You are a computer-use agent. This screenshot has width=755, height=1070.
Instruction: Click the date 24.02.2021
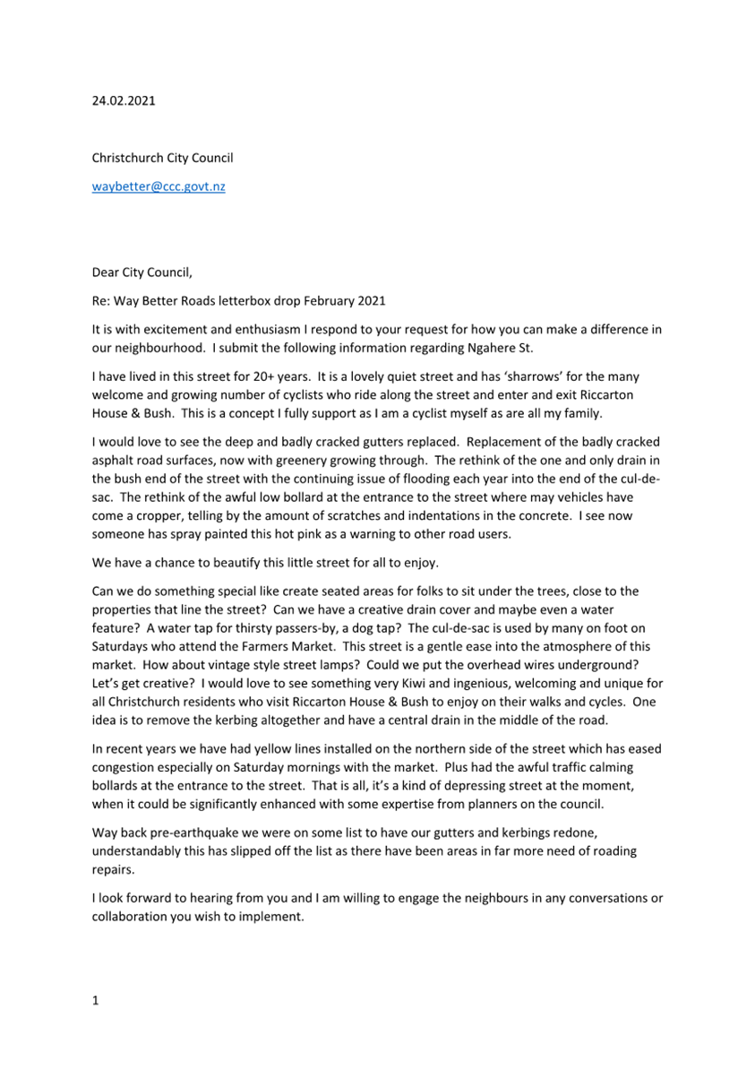point(124,100)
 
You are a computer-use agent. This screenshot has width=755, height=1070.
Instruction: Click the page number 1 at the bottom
point(95,1001)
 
